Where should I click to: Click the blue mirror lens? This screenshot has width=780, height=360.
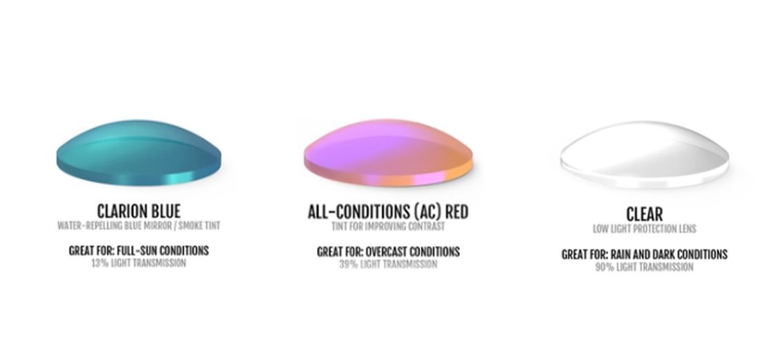[139, 153]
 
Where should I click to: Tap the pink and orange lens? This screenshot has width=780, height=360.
[388, 153]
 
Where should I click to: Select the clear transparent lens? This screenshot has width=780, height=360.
[645, 155]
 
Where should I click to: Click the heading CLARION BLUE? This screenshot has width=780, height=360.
[139, 211]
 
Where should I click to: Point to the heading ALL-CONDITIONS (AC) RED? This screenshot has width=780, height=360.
[388, 212]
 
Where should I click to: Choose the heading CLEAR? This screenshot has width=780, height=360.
[644, 215]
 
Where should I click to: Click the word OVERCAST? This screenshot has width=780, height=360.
[386, 252]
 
